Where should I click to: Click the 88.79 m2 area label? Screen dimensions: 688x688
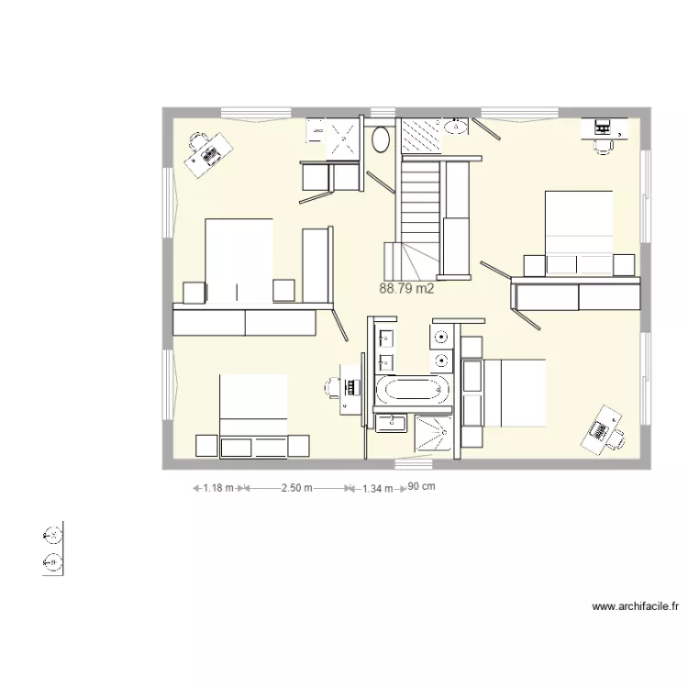click(405, 288)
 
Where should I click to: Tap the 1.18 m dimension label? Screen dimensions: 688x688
click(218, 489)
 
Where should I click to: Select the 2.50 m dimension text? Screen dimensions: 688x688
click(296, 489)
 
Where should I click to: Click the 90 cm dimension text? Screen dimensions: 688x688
click(421, 487)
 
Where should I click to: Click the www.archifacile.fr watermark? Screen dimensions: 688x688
click(636, 606)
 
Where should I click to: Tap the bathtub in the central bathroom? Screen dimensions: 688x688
click(414, 391)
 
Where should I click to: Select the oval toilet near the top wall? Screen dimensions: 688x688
click(381, 139)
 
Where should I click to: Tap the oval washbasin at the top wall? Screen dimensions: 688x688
click(456, 126)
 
